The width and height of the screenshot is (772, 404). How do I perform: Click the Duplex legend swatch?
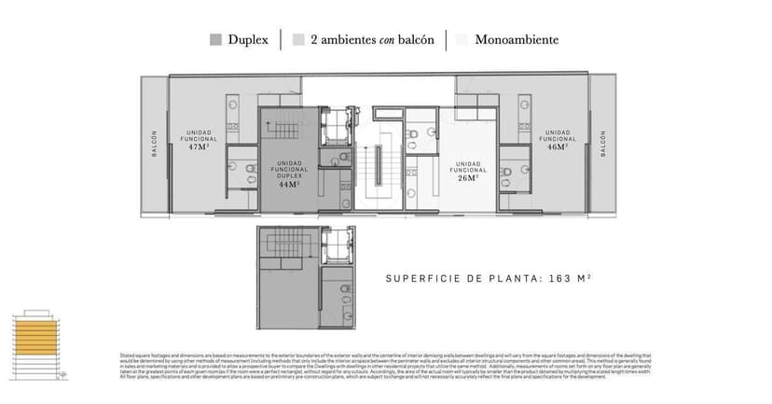tap(215, 40)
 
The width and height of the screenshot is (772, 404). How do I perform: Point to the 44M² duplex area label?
tap(289, 184)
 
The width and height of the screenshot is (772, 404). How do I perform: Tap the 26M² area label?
tap(468, 178)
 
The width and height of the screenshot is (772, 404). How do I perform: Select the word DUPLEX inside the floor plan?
tap(289, 175)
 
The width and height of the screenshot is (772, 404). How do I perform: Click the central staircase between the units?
tap(381, 168)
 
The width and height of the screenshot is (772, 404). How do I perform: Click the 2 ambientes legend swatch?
tap(298, 40)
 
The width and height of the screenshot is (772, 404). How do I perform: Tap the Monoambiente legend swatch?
tap(462, 40)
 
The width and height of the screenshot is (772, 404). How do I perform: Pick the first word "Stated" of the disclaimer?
tap(127, 355)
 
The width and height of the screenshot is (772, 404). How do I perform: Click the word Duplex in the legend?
tap(249, 40)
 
